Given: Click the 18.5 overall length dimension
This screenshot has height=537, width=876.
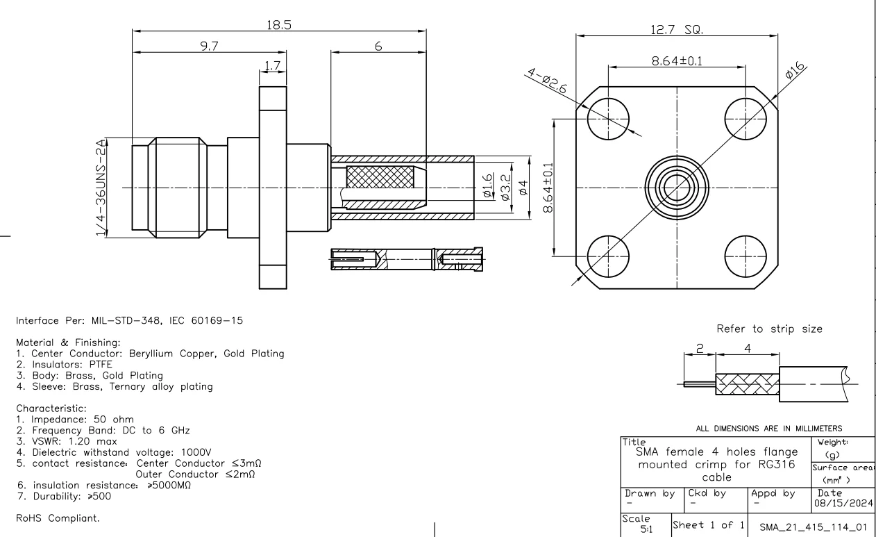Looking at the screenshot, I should pyautogui.click(x=279, y=24).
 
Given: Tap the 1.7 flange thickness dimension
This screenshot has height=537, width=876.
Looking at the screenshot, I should pyautogui.click(x=273, y=66).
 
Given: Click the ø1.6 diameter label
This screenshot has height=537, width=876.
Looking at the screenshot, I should pyautogui.click(x=487, y=186).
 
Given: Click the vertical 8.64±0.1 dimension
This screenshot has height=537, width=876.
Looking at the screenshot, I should pyautogui.click(x=548, y=188).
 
